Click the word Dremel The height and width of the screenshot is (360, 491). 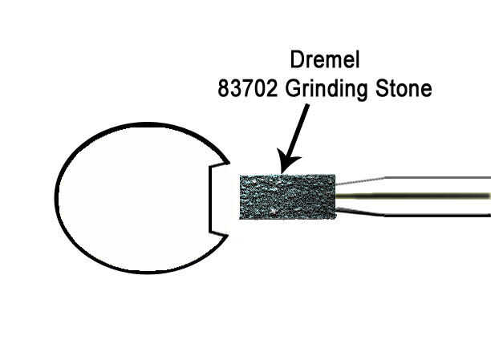coord(324,61)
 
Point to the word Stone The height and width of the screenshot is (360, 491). coord(407,87)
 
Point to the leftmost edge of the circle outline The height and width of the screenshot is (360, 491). coord(56,196)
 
